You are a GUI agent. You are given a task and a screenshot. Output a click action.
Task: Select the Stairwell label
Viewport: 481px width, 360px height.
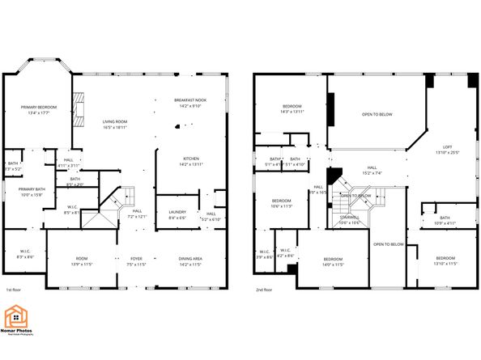pyautogui.click(x=351, y=218)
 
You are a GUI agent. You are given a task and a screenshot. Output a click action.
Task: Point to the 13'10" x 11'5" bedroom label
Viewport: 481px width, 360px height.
pyautogui.click(x=446, y=260)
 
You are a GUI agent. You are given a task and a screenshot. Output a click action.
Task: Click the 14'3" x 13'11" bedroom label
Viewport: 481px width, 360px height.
pyautogui.click(x=292, y=108)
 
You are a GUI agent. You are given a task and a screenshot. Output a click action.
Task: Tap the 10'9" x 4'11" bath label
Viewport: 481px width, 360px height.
pyautogui.click(x=445, y=220)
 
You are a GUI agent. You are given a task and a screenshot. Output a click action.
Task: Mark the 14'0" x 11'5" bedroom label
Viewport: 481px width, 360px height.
pyautogui.click(x=334, y=260)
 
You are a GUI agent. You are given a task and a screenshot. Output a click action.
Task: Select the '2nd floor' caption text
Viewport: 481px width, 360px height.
pyautogui.click(x=264, y=290)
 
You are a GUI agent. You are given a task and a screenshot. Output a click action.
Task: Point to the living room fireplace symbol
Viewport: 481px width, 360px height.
pyautogui.click(x=79, y=106)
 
